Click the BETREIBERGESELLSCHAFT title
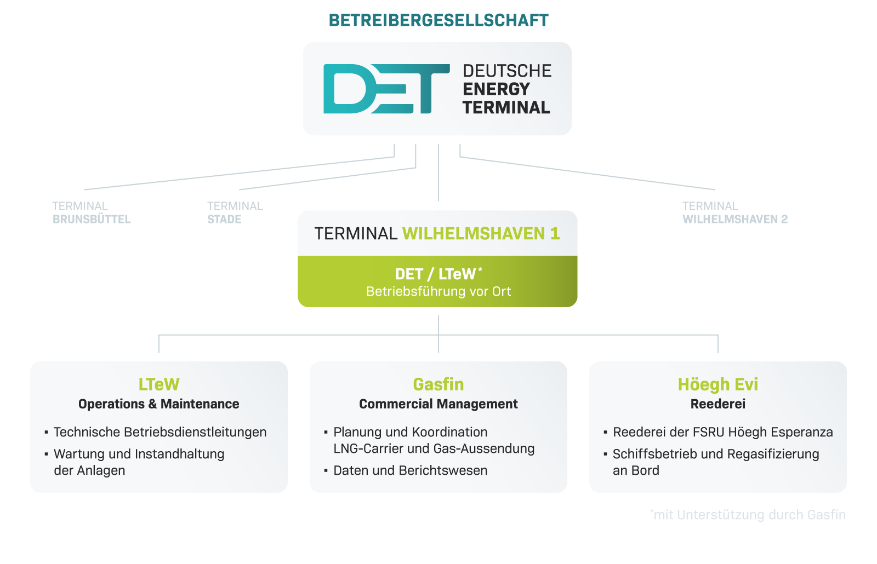(438, 20)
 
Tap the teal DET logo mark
(386, 89)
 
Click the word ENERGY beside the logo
(496, 89)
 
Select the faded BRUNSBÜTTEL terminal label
(92, 219)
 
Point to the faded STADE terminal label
(224, 219)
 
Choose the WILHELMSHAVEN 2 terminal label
(735, 219)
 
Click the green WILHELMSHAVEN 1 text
(481, 233)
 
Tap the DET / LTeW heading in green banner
(438, 274)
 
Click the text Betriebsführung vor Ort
(438, 291)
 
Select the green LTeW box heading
(159, 384)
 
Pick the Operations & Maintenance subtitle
(159, 404)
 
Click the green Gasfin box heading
(438, 384)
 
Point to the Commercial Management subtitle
(438, 404)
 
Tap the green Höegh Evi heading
(718, 384)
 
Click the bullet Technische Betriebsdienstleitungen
(160, 432)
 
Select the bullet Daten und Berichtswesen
(411, 470)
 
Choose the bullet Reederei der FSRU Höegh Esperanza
(723, 432)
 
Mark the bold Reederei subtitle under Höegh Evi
(718, 404)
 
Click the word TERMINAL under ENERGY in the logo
(506, 107)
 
